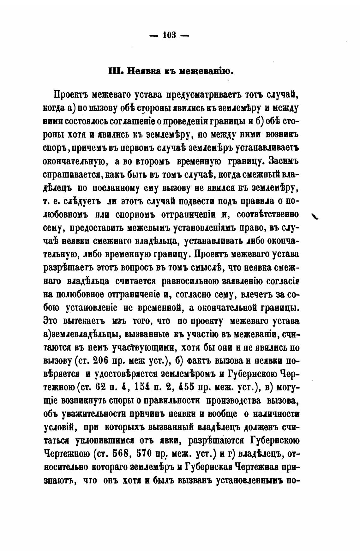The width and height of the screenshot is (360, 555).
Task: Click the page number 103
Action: click(169, 35)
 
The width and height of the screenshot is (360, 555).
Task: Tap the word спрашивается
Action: click(72, 174)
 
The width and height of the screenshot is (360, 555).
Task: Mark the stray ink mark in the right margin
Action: click(315, 216)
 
